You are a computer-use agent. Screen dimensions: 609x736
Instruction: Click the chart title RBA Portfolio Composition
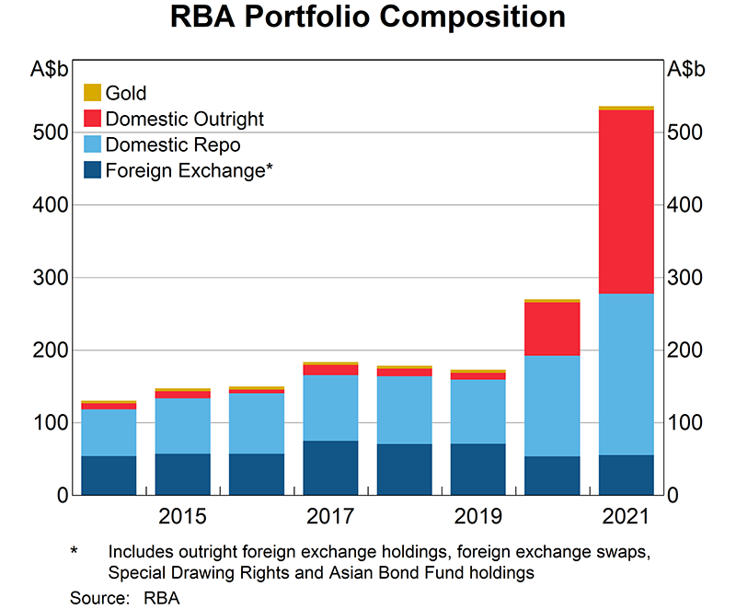point(368,17)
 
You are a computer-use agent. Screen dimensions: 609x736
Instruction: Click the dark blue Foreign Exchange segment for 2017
point(330,468)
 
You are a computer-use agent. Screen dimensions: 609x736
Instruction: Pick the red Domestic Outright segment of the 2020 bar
point(552,328)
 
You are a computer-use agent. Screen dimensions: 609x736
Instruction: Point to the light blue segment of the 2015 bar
point(183,426)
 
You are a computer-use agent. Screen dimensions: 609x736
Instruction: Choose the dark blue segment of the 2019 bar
point(477,470)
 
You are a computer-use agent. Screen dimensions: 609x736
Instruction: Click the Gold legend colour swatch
point(92,93)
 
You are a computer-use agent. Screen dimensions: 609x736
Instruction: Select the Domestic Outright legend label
point(185,119)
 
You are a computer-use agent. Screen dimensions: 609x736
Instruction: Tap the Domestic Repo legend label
point(174,144)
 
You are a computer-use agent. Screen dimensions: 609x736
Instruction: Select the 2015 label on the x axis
point(183,517)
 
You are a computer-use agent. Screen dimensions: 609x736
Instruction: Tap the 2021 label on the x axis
point(626,517)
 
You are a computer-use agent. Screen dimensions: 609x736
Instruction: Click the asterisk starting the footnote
point(75,552)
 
